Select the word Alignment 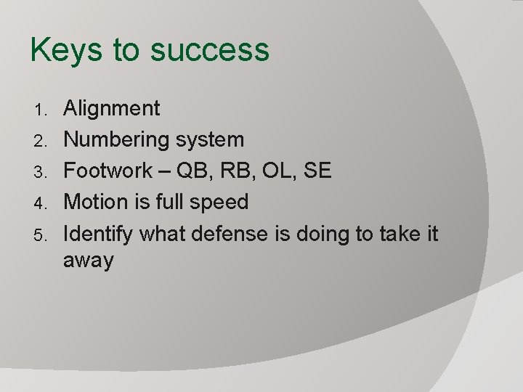pos(112,109)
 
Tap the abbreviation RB pos(235,171)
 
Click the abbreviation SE pos(317,171)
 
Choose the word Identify pos(99,233)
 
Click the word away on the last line pos(89,261)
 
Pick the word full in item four pos(171,202)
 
